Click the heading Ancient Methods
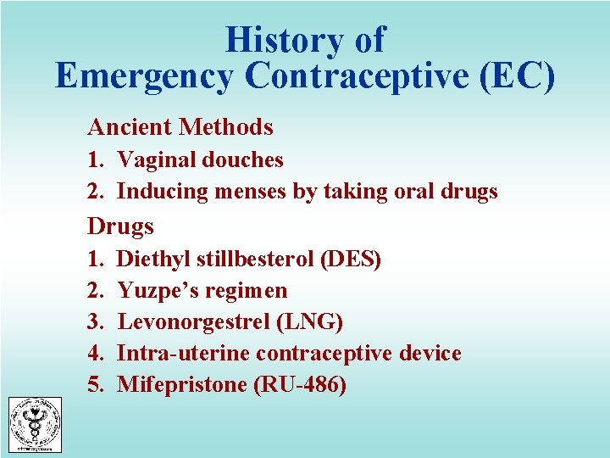click(180, 127)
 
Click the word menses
click(248, 192)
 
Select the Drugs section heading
click(120, 226)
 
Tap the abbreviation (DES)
click(352, 259)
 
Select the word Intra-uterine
click(183, 354)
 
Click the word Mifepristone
click(182, 385)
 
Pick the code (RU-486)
click(300, 385)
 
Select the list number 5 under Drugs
click(94, 385)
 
